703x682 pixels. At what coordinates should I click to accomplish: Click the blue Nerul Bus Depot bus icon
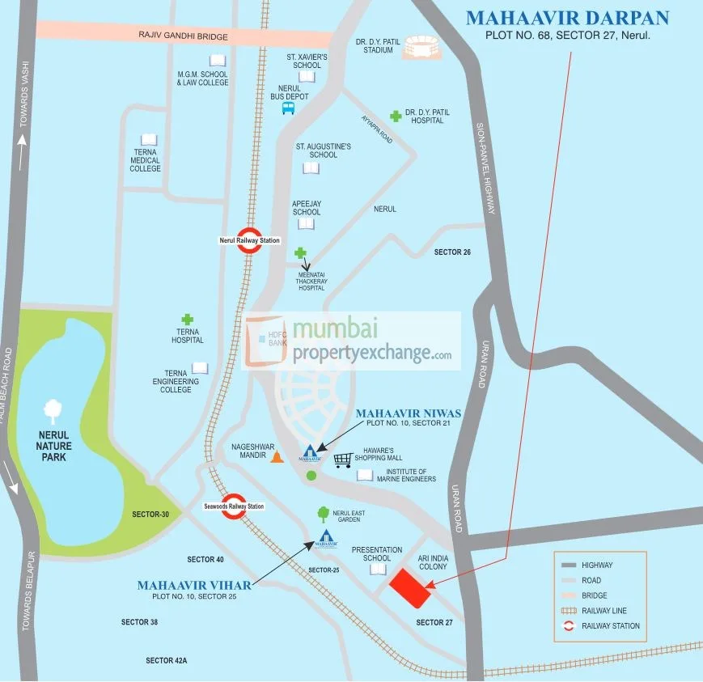[288, 108]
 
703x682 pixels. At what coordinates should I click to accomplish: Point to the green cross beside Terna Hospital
[188, 320]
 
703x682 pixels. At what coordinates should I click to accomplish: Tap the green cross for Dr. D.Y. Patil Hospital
[396, 116]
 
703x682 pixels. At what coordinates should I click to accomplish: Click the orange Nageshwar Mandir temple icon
[277, 457]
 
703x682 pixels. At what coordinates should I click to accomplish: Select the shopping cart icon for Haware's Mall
[343, 460]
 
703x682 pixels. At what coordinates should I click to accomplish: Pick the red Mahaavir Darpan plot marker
[410, 588]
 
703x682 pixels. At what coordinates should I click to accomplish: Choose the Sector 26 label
[452, 252]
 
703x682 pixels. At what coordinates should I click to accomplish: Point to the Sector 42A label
[167, 661]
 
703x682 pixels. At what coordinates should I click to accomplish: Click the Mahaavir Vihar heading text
[194, 585]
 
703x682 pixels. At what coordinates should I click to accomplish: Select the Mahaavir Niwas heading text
[409, 413]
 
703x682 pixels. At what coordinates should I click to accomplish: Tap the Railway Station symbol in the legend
[569, 625]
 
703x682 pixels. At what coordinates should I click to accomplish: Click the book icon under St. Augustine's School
[311, 168]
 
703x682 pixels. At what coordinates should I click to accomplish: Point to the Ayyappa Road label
[376, 129]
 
